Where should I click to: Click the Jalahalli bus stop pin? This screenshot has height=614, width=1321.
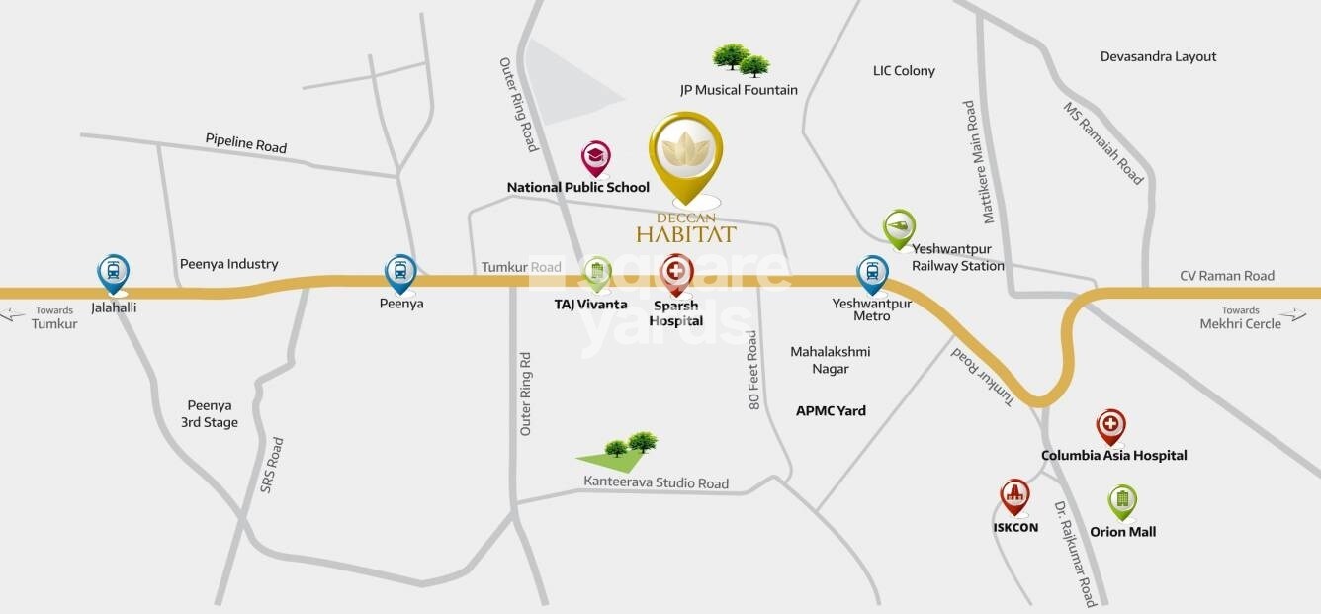point(114,272)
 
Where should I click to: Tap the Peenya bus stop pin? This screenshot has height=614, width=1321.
point(400,272)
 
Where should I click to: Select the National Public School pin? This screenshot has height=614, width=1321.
point(595,157)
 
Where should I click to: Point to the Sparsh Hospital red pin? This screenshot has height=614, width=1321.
point(676,272)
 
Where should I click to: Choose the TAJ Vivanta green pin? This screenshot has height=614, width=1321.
point(597,273)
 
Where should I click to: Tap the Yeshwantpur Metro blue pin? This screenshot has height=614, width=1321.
point(872,273)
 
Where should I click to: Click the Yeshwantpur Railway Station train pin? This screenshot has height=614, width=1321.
point(899,227)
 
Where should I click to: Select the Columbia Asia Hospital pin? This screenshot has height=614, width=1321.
point(1110,426)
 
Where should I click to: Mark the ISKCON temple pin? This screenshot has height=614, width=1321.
point(1014,495)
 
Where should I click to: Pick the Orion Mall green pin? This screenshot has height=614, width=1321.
point(1122,501)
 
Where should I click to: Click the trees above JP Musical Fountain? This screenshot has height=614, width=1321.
point(742,59)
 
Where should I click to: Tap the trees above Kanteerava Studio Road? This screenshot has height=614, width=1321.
point(630,446)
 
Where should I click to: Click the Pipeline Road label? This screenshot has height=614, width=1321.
point(246,142)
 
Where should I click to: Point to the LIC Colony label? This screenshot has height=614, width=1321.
point(904,71)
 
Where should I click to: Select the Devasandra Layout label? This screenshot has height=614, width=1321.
point(1158,57)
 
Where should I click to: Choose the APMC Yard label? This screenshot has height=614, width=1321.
point(831,411)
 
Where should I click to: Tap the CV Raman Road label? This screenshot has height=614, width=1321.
point(1227,276)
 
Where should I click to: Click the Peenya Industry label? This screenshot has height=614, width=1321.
point(228,264)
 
